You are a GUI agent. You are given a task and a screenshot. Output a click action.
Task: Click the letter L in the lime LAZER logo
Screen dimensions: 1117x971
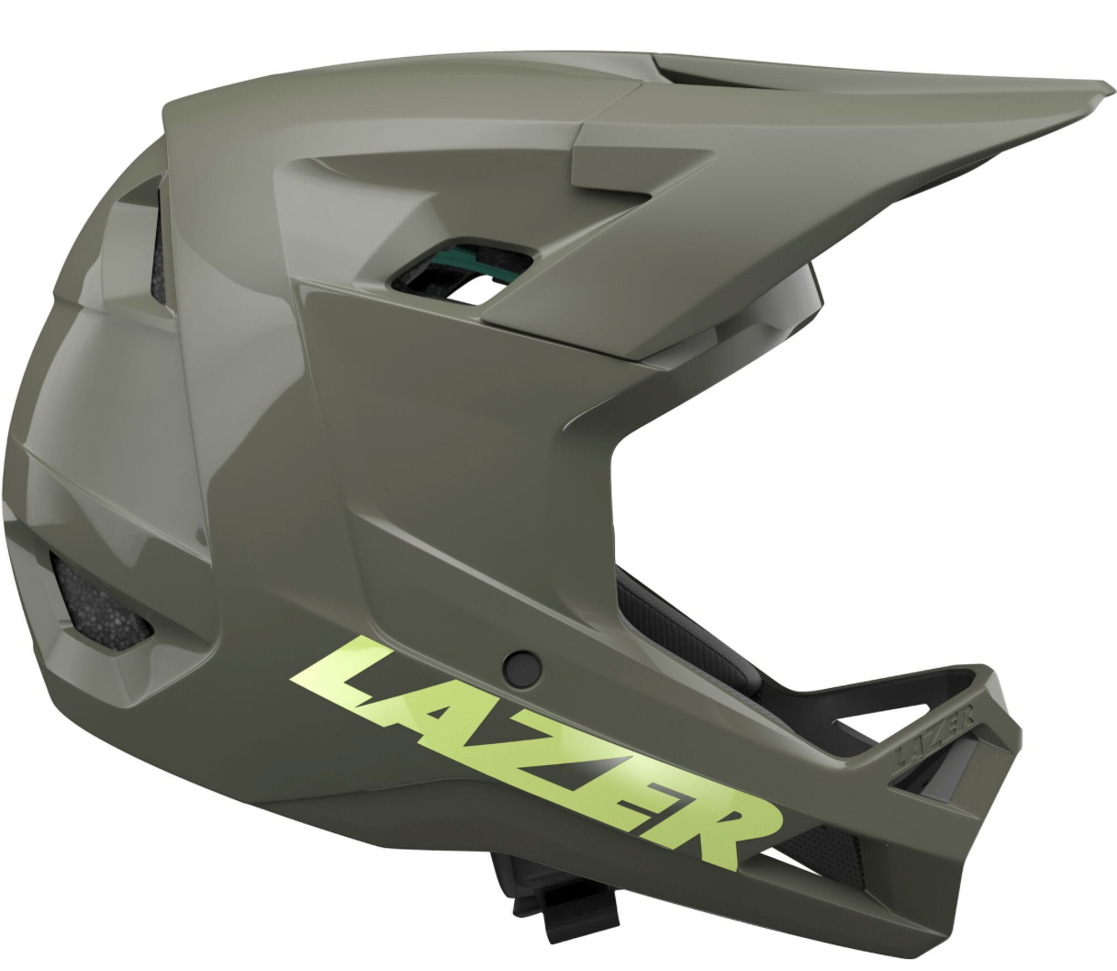(x=350, y=679)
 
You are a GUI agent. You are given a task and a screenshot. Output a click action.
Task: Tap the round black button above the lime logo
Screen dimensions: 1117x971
(x=523, y=667)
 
